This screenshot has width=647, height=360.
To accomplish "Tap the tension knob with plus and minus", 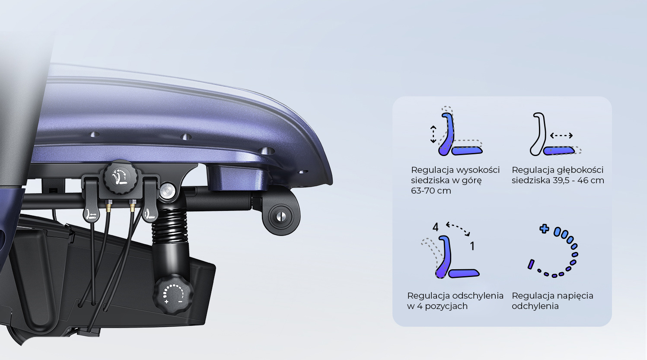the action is (x=173, y=294).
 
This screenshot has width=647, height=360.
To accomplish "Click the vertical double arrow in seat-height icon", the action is (x=433, y=134).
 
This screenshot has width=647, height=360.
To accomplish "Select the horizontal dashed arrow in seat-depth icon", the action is (x=561, y=135).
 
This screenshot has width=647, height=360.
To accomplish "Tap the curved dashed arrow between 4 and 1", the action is (x=458, y=228).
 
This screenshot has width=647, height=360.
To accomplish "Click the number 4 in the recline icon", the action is (x=435, y=227).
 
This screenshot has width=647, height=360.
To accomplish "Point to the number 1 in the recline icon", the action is (x=472, y=246).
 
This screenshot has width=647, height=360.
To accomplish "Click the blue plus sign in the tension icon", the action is (x=544, y=229).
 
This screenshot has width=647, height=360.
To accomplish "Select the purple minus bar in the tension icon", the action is (x=531, y=264).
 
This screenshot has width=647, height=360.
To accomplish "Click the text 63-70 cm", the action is (x=430, y=191).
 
